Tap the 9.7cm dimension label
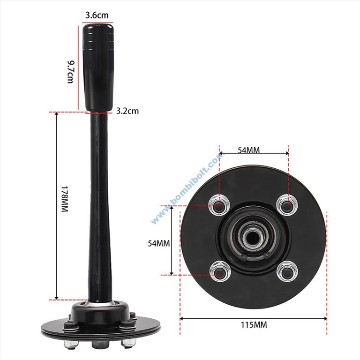tap(70, 71)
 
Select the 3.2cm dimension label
tap(127, 112)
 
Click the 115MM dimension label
tap(253, 324)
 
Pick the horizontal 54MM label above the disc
tap(248, 150)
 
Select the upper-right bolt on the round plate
tap(287, 204)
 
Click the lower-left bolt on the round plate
tap(219, 272)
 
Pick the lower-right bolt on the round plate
tap(287, 272)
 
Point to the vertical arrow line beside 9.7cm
tap(78, 66)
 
